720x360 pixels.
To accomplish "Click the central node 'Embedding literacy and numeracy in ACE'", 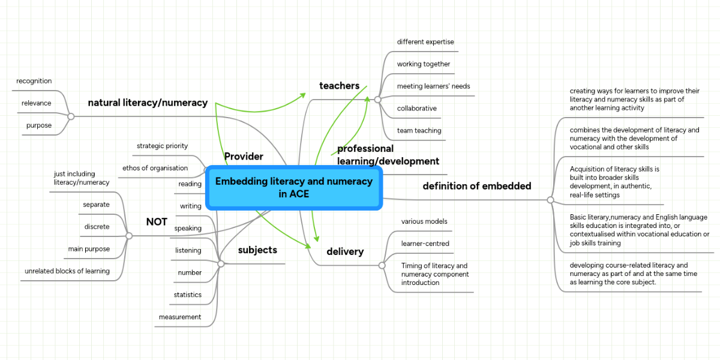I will [x=294, y=187].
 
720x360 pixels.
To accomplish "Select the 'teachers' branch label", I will [x=339, y=86].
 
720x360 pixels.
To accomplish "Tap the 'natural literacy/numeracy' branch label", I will [x=148, y=103].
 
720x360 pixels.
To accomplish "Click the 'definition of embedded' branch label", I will [x=476, y=186].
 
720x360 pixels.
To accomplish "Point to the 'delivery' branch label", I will [x=345, y=251].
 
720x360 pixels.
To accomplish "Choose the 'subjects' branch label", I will [x=257, y=250].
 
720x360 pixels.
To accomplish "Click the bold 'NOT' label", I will [x=157, y=222].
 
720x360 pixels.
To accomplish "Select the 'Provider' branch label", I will [x=244, y=157].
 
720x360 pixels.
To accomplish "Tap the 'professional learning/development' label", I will [x=388, y=155].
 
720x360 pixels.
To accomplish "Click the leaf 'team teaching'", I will [x=419, y=131].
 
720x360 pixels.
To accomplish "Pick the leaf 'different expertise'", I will [x=425, y=42].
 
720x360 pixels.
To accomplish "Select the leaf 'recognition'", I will [x=34, y=81].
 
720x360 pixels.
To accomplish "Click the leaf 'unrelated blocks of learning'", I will [x=67, y=271].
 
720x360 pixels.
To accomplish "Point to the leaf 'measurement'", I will [x=180, y=317].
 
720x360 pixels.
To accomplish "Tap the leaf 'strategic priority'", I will [x=162, y=146].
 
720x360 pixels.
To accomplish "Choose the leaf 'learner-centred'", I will [x=425, y=244].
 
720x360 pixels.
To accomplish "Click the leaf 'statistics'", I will [x=188, y=295].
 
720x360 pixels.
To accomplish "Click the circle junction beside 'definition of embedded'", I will [x=550, y=200].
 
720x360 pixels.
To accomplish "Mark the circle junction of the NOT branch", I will [x=128, y=236].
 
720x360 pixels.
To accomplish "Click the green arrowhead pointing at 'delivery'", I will [x=309, y=245].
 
